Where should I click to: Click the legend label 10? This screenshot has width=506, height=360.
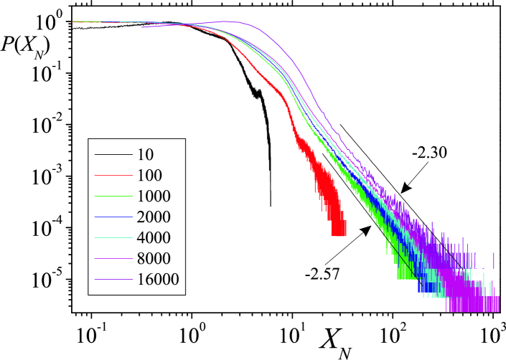[145, 154]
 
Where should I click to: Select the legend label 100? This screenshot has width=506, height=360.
[149, 175]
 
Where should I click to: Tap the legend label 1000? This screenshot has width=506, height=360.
[154, 196]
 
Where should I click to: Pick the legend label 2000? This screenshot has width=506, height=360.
[154, 217]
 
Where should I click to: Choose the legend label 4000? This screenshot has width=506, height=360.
[154, 237]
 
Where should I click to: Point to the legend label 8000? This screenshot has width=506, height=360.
[154, 258]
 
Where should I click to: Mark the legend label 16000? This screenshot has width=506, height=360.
[158, 279]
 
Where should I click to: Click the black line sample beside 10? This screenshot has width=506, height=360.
[113, 154]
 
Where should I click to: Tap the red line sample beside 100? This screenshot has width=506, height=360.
[113, 175]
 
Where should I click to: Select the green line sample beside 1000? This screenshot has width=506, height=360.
[113, 196]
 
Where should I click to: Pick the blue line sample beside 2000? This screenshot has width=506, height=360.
[113, 217]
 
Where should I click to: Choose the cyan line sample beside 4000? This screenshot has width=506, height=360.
[113, 237]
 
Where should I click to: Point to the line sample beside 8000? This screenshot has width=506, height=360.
[113, 258]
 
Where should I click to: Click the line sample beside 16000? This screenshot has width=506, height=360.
[113, 279]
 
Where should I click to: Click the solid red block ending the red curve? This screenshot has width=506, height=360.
[339, 228]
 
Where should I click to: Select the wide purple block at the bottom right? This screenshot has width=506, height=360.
[473, 304]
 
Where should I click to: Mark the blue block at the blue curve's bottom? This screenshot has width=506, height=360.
[428, 287]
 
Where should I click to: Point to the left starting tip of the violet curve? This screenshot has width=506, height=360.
[143, 27]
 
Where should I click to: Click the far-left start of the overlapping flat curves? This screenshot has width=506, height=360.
[73, 22]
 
